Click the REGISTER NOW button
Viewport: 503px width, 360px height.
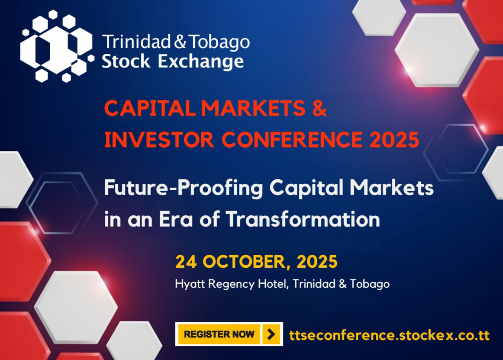coord(219,334)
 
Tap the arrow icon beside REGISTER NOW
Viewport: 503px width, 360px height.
coord(271,334)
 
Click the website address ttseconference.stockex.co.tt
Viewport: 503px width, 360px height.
coord(389,335)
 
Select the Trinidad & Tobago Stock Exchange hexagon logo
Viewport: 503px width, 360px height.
coord(57,46)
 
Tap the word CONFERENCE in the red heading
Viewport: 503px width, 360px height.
coord(292,139)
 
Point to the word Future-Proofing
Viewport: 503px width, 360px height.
coord(184,188)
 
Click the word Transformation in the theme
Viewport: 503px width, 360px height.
coord(303,219)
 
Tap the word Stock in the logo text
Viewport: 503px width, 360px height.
coord(126,62)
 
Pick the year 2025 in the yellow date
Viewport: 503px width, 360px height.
coord(317,261)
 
